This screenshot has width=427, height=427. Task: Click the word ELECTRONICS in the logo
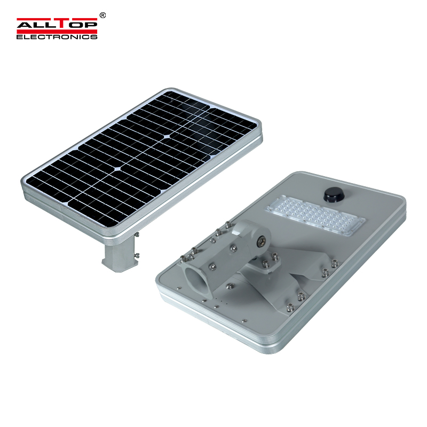57,37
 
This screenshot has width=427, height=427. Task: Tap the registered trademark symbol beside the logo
102,16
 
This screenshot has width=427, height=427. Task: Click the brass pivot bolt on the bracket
261,241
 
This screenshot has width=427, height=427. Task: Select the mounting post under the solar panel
119,251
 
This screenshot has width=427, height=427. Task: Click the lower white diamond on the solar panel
114,171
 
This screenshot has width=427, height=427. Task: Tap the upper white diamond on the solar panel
167,137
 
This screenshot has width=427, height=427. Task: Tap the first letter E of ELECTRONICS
19,37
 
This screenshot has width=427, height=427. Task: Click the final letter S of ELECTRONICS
95,37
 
